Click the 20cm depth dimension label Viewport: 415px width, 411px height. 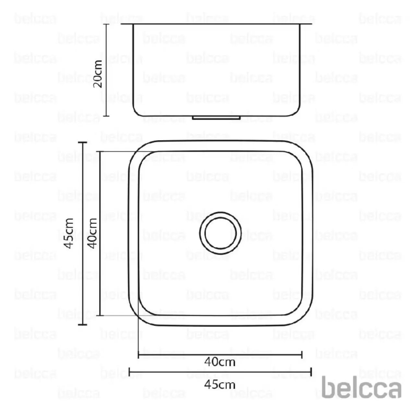[97, 74]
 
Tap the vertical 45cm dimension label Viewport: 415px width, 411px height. [69, 233]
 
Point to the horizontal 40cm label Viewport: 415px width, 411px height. [220, 362]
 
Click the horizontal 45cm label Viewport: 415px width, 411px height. [220, 384]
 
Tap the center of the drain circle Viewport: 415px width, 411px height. [220, 233]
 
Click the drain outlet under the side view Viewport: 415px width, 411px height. [216, 118]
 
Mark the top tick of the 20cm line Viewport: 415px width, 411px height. [106, 24]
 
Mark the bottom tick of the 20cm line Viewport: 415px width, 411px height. [106, 116]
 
